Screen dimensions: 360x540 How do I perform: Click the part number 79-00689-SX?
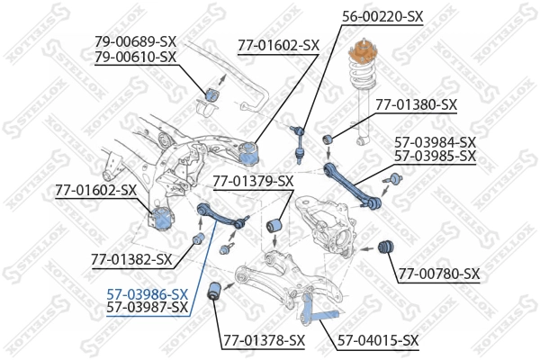(135, 41)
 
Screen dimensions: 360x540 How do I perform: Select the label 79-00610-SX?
(135, 56)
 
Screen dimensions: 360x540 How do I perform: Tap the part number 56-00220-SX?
(381, 16)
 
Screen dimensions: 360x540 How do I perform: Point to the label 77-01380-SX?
(416, 104)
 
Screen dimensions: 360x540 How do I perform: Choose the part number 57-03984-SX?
(436, 141)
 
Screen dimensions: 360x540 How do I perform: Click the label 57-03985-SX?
(436, 156)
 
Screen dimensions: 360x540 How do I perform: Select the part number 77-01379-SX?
(253, 182)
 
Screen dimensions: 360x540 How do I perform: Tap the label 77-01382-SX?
(131, 259)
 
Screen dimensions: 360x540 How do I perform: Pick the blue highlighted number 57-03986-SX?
(148, 293)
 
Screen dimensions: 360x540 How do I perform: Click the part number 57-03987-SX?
(148, 308)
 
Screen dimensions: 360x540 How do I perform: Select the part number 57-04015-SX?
(378, 340)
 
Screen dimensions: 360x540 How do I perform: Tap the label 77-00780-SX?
(439, 274)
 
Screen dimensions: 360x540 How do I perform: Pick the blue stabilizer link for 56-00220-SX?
(301, 144)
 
